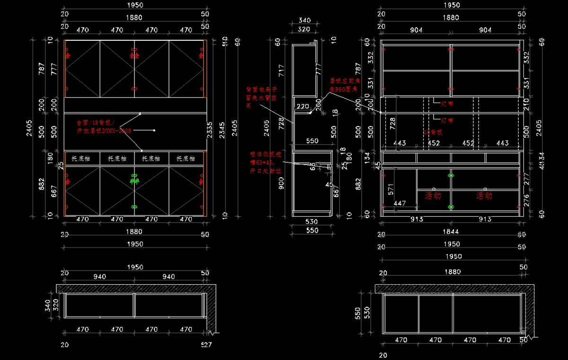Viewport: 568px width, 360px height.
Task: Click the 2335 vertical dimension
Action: click(210, 128)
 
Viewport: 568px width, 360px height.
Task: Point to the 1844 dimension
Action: click(451, 232)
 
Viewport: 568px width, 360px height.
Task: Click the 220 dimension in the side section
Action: click(303, 106)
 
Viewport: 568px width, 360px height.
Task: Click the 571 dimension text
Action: click(391, 189)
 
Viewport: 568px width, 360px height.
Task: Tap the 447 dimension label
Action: click(399, 203)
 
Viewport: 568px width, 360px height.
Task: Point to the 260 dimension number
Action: click(318, 103)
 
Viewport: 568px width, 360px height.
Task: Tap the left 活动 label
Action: click(433, 195)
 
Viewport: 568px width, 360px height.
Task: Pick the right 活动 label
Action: click(484, 195)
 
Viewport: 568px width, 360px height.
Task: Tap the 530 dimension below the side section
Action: click(311, 221)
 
